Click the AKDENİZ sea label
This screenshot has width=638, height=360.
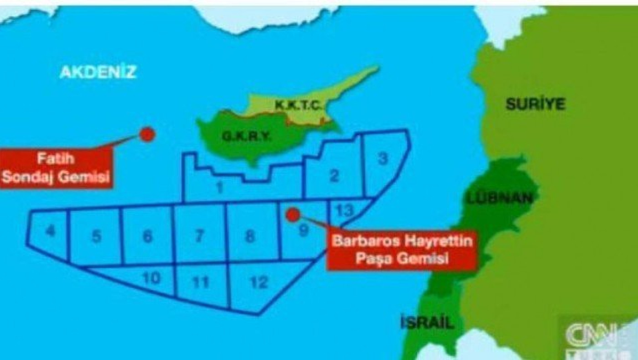coord(98,72)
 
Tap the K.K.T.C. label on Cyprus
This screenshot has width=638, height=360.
coord(299,106)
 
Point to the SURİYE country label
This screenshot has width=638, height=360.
coord(535,104)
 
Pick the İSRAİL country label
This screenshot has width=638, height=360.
coord(427,323)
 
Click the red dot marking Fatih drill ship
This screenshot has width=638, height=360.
coord(147,134)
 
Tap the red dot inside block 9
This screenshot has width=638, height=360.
coord(293,214)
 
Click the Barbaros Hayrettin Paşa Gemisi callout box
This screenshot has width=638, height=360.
coord(401,249)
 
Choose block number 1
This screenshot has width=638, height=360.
coord(220,187)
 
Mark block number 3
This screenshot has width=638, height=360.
coord(383,159)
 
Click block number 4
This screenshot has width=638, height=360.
coord(51,231)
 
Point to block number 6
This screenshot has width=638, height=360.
coord(147,237)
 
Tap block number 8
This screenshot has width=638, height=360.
coord(249,237)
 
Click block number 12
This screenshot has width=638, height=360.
coord(259,283)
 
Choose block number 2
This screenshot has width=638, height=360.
coord(334,176)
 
